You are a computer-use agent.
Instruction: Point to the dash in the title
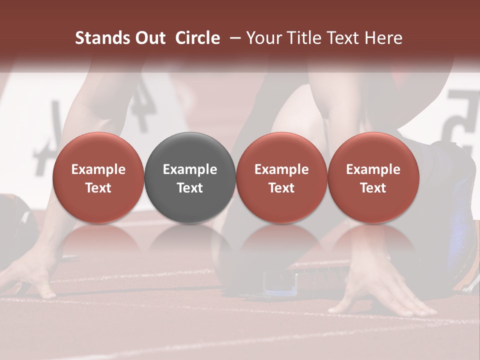tap(233, 38)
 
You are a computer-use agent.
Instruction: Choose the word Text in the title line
tap(344, 38)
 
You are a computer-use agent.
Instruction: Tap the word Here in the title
tap(383, 38)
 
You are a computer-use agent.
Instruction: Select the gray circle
tap(190, 177)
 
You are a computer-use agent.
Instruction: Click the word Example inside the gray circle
tap(190, 169)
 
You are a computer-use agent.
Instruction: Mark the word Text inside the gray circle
tap(190, 188)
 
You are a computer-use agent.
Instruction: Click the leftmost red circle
tap(98, 177)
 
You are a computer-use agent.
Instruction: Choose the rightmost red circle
tap(373, 177)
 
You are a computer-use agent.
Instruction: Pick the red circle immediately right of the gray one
tap(281, 177)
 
